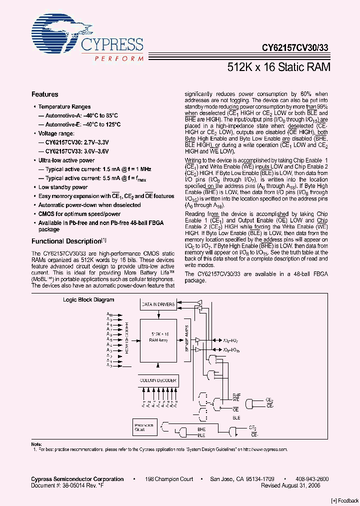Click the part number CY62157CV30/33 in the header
click(295, 49)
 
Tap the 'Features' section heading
click(45, 94)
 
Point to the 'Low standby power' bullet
click(63, 187)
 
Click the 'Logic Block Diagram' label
click(88, 300)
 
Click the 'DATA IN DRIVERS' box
click(158, 304)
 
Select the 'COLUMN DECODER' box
click(158, 380)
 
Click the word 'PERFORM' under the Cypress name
click(119, 58)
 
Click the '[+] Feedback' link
click(344, 500)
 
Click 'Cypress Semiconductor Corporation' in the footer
click(77, 479)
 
